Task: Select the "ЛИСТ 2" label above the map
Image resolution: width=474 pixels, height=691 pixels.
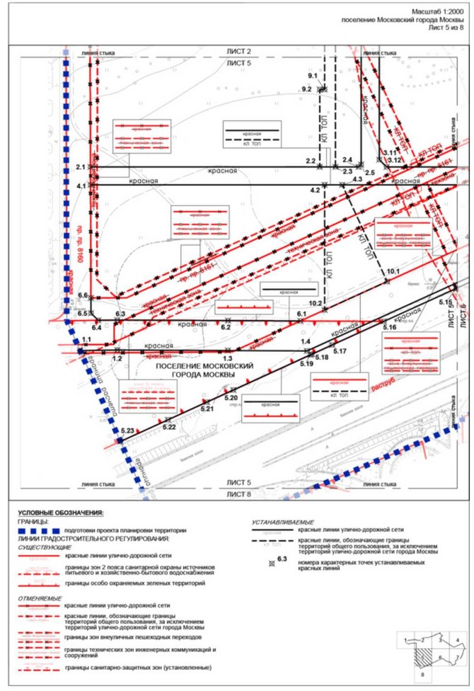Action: click(238, 52)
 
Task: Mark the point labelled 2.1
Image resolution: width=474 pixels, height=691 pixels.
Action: click(80, 167)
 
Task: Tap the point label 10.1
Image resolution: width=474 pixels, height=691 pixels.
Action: click(393, 272)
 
